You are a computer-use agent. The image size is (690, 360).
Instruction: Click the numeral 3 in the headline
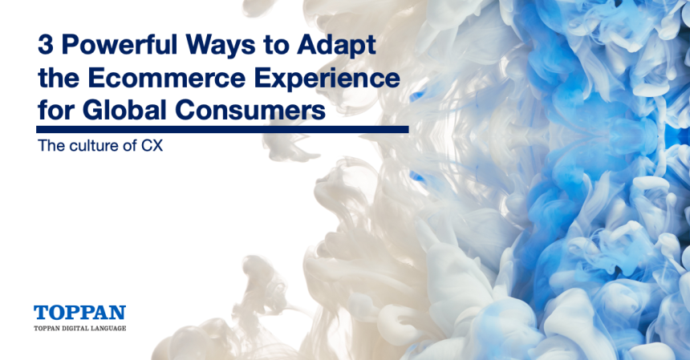[x=45, y=44]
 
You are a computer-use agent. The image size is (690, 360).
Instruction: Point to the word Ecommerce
[x=167, y=79]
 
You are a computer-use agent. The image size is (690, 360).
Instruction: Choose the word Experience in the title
[x=327, y=80]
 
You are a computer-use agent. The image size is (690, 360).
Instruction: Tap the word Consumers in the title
[x=250, y=111]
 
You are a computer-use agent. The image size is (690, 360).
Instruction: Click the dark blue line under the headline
[x=222, y=129]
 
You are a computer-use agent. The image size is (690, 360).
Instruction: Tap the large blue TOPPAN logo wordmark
[x=79, y=313]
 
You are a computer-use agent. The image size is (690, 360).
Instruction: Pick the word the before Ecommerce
[x=59, y=79]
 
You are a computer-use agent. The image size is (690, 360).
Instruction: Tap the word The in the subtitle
[x=51, y=145]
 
